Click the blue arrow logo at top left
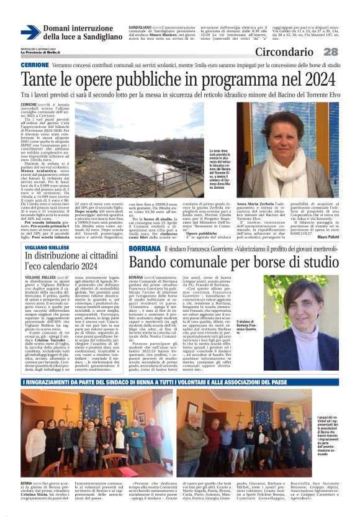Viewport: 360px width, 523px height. pyautogui.click(x=30, y=32)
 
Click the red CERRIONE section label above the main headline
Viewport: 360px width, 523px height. pyautogui.click(x=35, y=65)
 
